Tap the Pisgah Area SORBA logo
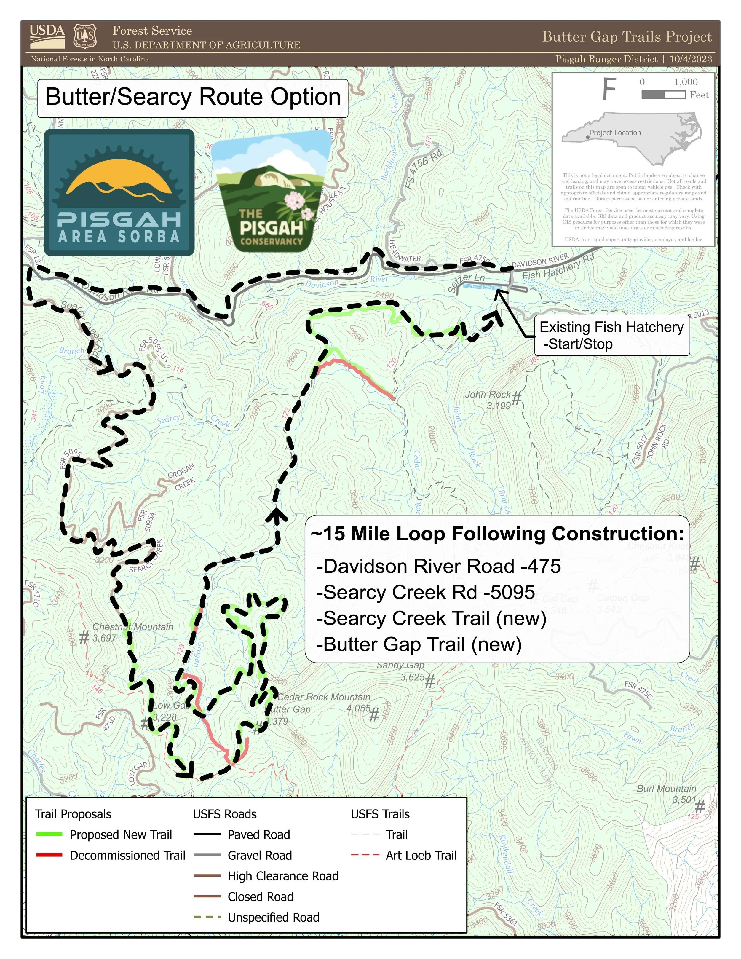coord(119,192)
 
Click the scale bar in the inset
coord(663,94)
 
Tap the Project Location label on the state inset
coord(615,133)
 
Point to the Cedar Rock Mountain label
coord(324,697)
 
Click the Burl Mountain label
coord(666,788)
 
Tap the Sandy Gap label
coord(400,665)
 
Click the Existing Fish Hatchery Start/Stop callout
coord(611,336)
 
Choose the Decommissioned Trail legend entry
coord(127,855)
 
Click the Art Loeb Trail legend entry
coord(421,855)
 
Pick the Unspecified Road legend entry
coord(273,917)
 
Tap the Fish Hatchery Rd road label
coord(558,268)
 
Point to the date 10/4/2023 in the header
coord(691,59)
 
